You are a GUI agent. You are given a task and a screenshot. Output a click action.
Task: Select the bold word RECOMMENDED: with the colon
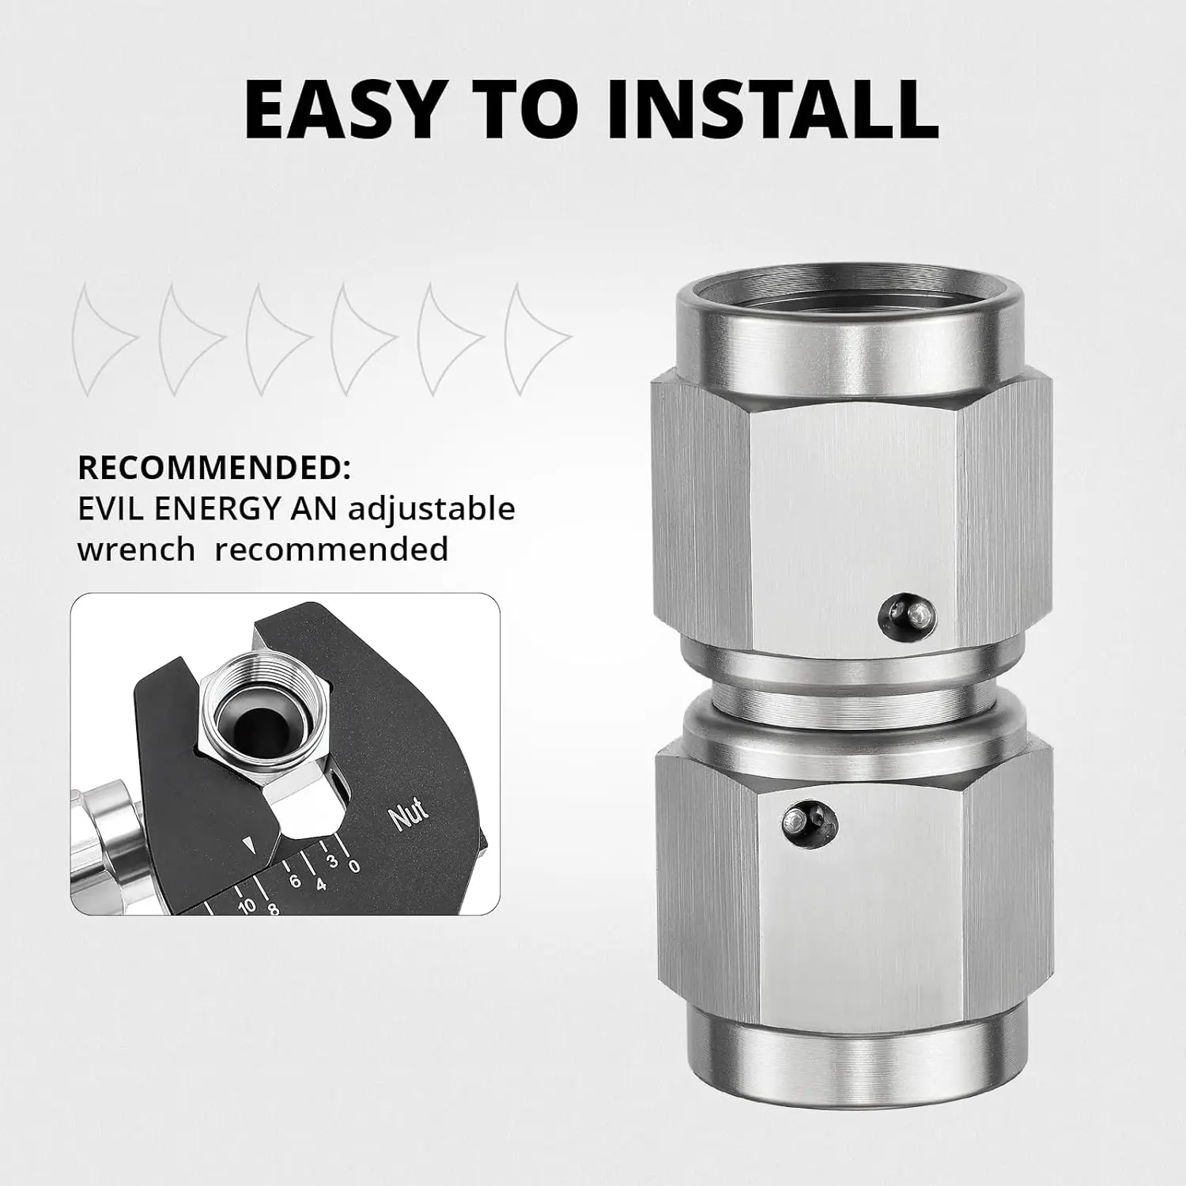(x=213, y=468)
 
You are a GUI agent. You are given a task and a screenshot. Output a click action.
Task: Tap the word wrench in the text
(x=136, y=549)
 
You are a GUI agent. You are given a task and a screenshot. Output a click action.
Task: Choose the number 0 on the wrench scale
(x=355, y=867)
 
